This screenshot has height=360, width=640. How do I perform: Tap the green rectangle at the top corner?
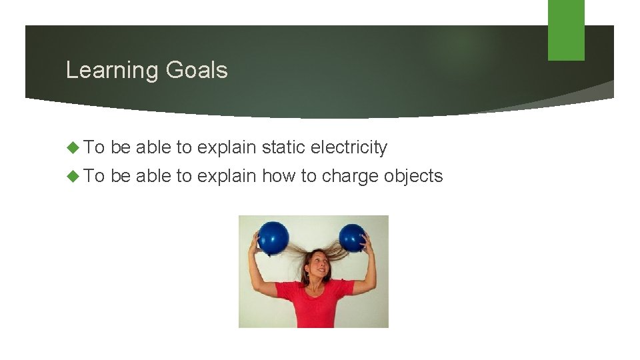(x=566, y=30)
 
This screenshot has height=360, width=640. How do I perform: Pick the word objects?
(x=415, y=177)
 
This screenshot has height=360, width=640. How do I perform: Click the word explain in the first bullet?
(x=227, y=147)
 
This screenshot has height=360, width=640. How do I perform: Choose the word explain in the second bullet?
(x=227, y=177)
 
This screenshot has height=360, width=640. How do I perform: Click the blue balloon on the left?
(x=273, y=237)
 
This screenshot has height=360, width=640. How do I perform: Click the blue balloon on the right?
(x=352, y=238)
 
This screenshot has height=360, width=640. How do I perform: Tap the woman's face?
(x=316, y=268)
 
